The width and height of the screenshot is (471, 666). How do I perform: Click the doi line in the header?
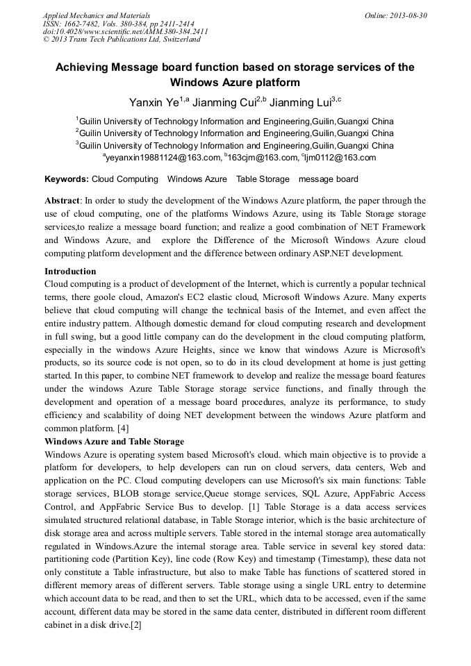click(125, 31)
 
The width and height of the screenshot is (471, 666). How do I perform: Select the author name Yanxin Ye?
click(154, 103)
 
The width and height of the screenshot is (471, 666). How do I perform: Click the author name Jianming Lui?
click(299, 103)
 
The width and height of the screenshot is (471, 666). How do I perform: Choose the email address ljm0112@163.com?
click(339, 158)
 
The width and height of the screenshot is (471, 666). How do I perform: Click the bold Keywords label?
click(67, 179)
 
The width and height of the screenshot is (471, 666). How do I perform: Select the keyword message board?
click(328, 179)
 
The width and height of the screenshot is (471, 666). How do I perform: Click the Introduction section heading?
click(70, 272)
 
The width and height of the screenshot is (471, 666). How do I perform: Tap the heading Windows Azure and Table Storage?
click(114, 442)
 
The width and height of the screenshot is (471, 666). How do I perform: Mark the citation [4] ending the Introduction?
click(122, 428)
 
